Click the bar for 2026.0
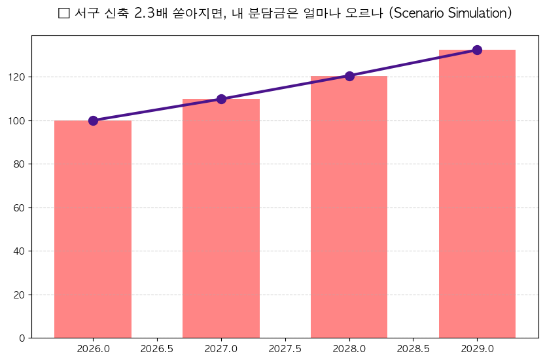(x=93, y=229)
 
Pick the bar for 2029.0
(x=477, y=194)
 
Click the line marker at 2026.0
(x=93, y=120)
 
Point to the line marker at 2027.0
(x=221, y=99)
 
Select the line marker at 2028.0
(x=349, y=76)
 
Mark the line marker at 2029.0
(x=477, y=50)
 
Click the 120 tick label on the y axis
(x=17, y=77)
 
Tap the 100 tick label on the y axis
(x=17, y=120)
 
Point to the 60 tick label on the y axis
(x=19, y=207)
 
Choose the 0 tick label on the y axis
(x=22, y=338)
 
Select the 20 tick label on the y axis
(x=19, y=295)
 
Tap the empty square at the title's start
(x=63, y=14)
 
